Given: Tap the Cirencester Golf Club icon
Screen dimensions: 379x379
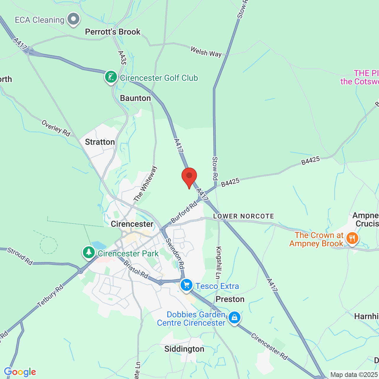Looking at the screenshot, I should pyautogui.click(x=111, y=77).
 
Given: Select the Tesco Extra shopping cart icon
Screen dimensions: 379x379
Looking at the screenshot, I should pyautogui.click(x=187, y=285).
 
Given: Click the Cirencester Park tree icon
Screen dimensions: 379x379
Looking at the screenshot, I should pyautogui.click(x=89, y=253).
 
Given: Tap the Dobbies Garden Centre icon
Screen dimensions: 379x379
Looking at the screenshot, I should pyautogui.click(x=234, y=317).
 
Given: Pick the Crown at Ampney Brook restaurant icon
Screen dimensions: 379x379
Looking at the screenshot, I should pyautogui.click(x=352, y=238).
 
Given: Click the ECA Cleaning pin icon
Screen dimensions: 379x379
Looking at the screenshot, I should pyautogui.click(x=73, y=19).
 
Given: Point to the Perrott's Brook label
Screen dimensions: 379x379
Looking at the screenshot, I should pyautogui.click(x=113, y=32).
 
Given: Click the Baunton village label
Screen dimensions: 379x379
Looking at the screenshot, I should pyautogui.click(x=135, y=98).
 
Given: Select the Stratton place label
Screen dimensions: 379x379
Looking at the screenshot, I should pyautogui.click(x=100, y=142).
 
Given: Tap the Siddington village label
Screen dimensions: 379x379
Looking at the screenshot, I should pyautogui.click(x=184, y=349).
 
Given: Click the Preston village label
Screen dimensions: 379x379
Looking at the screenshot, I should pyautogui.click(x=230, y=299).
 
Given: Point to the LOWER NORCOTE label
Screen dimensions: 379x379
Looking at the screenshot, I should pyautogui.click(x=243, y=216).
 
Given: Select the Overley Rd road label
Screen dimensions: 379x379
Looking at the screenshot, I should pyautogui.click(x=56, y=128).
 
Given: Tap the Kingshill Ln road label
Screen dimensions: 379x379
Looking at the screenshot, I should pyautogui.click(x=219, y=263).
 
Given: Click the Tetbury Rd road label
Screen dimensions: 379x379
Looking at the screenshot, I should pyautogui.click(x=50, y=296).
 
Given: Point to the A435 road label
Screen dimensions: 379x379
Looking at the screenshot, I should pyautogui.click(x=122, y=58).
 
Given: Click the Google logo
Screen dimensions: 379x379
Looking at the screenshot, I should pyautogui.click(x=20, y=372).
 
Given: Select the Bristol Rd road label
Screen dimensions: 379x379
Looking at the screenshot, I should pyautogui.click(x=136, y=269).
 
